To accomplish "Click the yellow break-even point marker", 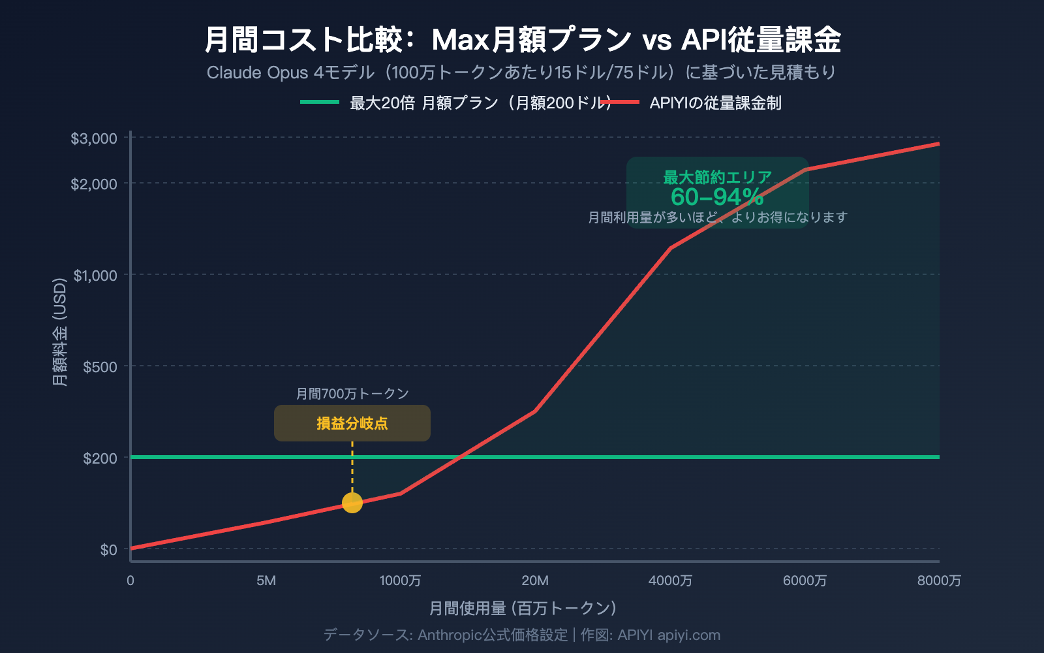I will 352,503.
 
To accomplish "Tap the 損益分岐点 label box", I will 352,423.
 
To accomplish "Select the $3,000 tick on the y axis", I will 94,138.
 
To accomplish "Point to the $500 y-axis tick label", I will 100,367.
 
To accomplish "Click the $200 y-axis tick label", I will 100,458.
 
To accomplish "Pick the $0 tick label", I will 108,550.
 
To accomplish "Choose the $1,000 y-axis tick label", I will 95,276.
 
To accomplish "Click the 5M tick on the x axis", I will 266,581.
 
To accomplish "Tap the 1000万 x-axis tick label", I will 400,581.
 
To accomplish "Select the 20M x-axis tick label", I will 535,581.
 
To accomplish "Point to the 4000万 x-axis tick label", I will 670,581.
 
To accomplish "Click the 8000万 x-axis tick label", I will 939,581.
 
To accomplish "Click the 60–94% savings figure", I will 717,197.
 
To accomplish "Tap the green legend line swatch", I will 320,103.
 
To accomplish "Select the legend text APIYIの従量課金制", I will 715,103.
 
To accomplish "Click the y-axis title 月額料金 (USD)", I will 60,332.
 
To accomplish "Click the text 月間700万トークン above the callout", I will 352,394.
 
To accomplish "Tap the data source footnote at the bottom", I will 522,635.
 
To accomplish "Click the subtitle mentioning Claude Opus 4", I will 521,72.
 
